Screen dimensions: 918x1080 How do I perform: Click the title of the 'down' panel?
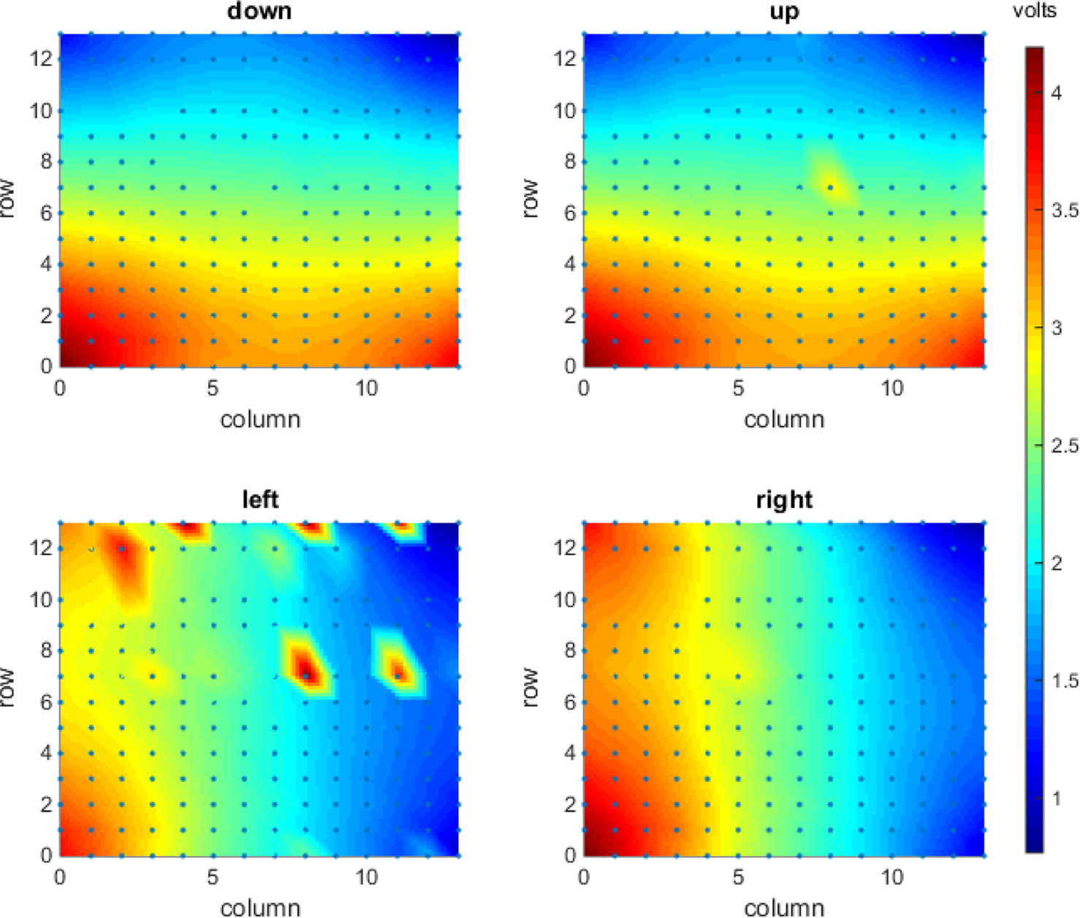click(259, 11)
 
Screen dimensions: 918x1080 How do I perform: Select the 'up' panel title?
click(783, 11)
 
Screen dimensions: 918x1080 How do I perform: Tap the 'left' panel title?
click(259, 499)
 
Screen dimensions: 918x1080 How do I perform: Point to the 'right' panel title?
click(783, 499)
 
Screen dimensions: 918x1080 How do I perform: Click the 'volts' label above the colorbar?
click(1034, 10)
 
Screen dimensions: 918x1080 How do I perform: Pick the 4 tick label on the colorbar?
click(1056, 94)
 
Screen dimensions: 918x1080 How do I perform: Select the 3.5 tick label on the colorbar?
click(1064, 210)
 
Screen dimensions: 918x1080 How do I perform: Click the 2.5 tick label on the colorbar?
click(1064, 445)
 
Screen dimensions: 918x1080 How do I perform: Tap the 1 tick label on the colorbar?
click(1056, 797)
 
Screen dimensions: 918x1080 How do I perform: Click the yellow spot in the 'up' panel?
click(831, 186)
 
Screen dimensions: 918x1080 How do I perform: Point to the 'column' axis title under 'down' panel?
click(260, 420)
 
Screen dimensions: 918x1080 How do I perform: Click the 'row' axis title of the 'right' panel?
click(531, 687)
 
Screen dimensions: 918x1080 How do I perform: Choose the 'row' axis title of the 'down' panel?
click(8, 199)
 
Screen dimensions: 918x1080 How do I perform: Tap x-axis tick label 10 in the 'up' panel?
click(891, 388)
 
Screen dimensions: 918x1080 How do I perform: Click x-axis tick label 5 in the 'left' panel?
click(213, 877)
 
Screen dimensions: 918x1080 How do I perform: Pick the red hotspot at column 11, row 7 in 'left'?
click(398, 671)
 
